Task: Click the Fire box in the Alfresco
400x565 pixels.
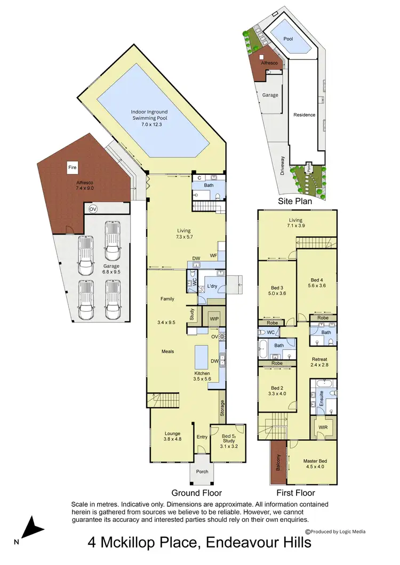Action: (x=73, y=167)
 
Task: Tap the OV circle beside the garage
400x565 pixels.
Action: (x=93, y=208)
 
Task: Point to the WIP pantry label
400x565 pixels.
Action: (x=215, y=318)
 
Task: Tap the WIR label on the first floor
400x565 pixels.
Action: (x=322, y=427)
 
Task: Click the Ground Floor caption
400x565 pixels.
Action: (x=196, y=493)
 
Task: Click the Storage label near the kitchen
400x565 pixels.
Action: (x=222, y=409)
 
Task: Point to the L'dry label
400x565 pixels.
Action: (x=212, y=287)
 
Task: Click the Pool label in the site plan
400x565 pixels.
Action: (x=288, y=39)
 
